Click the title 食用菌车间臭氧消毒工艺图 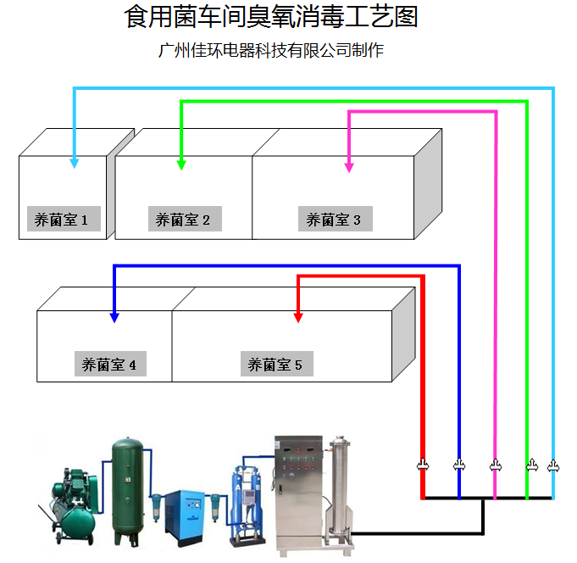pyautogui.click(x=271, y=16)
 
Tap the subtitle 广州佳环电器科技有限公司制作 pyautogui.click(x=271, y=51)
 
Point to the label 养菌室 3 pyautogui.click(x=334, y=220)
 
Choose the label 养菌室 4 pyautogui.click(x=109, y=365)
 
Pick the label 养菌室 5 pyautogui.click(x=275, y=365)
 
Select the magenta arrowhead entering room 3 pyautogui.click(x=349, y=166)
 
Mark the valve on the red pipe pyautogui.click(x=423, y=465)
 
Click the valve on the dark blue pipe pyautogui.click(x=459, y=465)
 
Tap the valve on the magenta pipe pyautogui.click(x=496, y=465)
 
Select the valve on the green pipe pyautogui.click(x=532, y=465)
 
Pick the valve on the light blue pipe pyautogui.click(x=553, y=465)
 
